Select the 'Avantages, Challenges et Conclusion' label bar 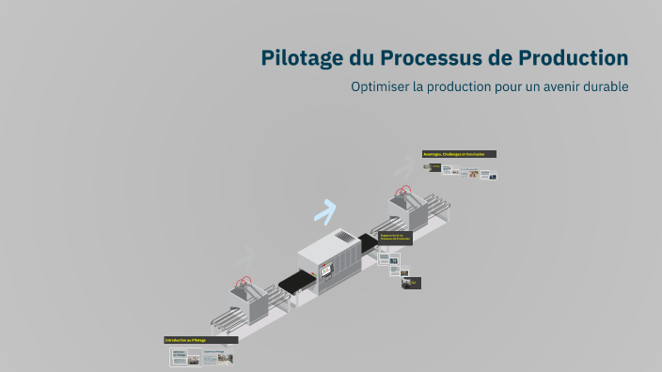click(x=459, y=154)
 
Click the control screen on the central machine click(x=326, y=271)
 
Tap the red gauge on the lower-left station click(x=247, y=281)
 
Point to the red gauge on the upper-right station click(x=405, y=192)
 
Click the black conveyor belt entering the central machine click(x=297, y=279)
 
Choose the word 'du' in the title click(x=361, y=58)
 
